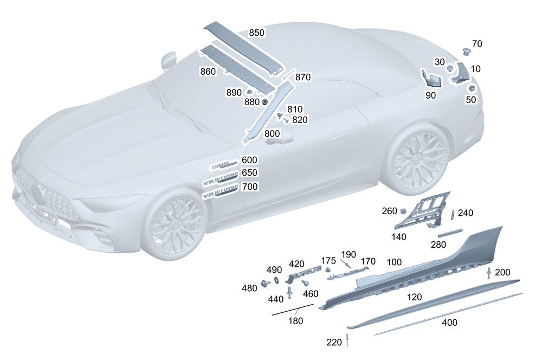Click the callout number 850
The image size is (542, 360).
[x=257, y=33]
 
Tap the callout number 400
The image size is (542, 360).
[x=449, y=322]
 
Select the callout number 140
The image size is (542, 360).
[x=398, y=237]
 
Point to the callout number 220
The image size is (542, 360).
[x=334, y=342]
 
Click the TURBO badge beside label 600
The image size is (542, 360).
[x=224, y=165]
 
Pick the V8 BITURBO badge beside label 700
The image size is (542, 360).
[x=221, y=192]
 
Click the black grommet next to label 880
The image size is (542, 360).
[x=265, y=102]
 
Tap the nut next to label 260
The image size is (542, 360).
[x=403, y=210]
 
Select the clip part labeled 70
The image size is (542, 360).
[x=467, y=52]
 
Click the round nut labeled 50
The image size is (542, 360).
[x=472, y=88]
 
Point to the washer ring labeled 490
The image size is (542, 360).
[x=276, y=280]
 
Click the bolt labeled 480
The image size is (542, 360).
[x=266, y=283]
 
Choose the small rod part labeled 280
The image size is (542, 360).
[x=450, y=233]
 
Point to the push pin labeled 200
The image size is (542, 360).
[x=489, y=273]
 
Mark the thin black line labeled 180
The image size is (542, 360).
[x=293, y=310]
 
